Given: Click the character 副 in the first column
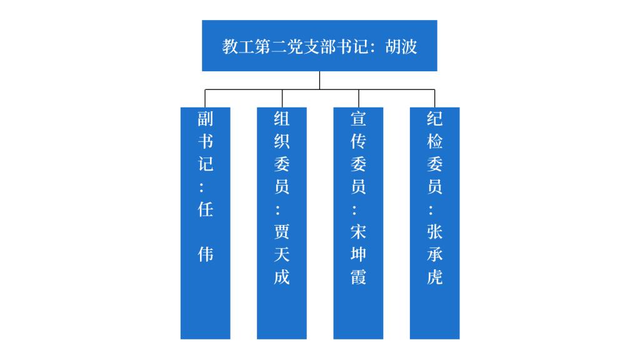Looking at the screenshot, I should tap(206, 119).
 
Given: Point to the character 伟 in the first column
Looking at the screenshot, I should tap(206, 254).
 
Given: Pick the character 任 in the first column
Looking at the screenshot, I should tap(206, 209).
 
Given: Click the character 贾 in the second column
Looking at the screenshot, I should tap(282, 232).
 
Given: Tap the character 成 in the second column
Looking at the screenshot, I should tap(282, 277).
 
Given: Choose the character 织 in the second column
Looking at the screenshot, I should tap(282, 141).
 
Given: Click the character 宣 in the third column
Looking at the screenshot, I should tap(358, 119).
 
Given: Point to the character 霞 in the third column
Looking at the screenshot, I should tap(358, 277).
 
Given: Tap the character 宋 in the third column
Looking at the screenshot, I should tap(358, 232).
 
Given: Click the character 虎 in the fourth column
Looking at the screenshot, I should tap(434, 277).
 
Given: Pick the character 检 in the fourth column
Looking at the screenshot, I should tap(434, 141).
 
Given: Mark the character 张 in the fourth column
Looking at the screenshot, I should tap(434, 232).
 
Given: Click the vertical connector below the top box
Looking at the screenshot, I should tap(319, 80).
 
